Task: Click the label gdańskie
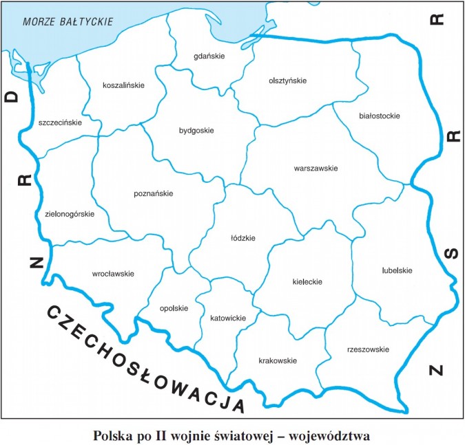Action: [x=209, y=56]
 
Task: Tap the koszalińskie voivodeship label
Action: [x=123, y=85]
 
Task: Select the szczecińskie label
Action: [x=60, y=122]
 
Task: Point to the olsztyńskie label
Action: [x=287, y=80]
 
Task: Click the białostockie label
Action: [x=380, y=116]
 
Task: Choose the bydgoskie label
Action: [x=196, y=130]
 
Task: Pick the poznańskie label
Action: [x=153, y=194]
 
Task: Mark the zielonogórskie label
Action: [x=64, y=214]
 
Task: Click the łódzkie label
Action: [x=243, y=238]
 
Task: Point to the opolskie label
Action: [x=174, y=308]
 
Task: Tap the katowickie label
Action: [x=227, y=318]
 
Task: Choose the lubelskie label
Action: [x=397, y=270]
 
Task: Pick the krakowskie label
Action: [x=278, y=360]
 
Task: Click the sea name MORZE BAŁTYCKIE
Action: [x=68, y=21]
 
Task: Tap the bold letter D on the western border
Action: [x=12, y=97]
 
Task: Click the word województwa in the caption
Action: [x=331, y=435]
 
